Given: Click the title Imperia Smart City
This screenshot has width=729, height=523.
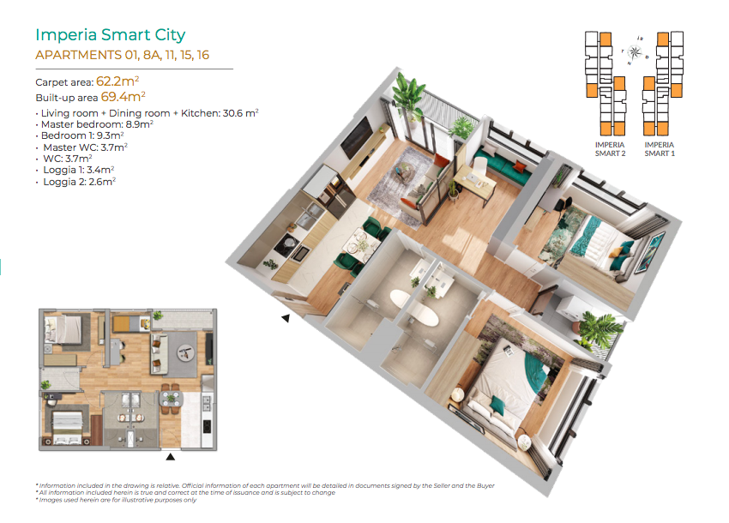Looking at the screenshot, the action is (110, 35).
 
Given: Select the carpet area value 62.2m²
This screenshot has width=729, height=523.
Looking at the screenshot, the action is (117, 81).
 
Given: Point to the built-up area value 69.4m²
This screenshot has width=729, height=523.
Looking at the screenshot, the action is (124, 97).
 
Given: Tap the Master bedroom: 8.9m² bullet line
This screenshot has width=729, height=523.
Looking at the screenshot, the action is (94, 124).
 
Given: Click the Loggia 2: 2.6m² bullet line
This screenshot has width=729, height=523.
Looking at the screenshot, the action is (75, 182).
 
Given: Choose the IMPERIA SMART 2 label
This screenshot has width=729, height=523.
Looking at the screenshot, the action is (610, 149).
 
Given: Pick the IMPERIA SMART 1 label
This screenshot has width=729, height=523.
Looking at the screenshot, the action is (660, 149).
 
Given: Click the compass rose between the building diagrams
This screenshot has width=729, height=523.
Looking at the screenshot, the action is (634, 51).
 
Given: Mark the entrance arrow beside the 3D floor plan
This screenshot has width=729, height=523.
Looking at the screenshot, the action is (286, 318).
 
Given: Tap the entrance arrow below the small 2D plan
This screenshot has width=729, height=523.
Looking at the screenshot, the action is (170, 457).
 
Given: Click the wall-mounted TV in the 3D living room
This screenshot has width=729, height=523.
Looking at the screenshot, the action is (356, 137).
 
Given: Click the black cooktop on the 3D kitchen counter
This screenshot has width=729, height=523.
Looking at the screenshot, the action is (287, 244).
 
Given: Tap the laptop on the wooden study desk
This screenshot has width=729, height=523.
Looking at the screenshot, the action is (473, 177).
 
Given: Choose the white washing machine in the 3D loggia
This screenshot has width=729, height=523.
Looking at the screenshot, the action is (570, 308).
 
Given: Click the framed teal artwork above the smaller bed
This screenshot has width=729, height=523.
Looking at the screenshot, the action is (650, 252).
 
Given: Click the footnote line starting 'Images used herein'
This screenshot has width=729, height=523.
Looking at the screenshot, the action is (117, 500).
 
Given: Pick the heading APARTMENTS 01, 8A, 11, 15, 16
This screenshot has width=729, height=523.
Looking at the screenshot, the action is (123, 56).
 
